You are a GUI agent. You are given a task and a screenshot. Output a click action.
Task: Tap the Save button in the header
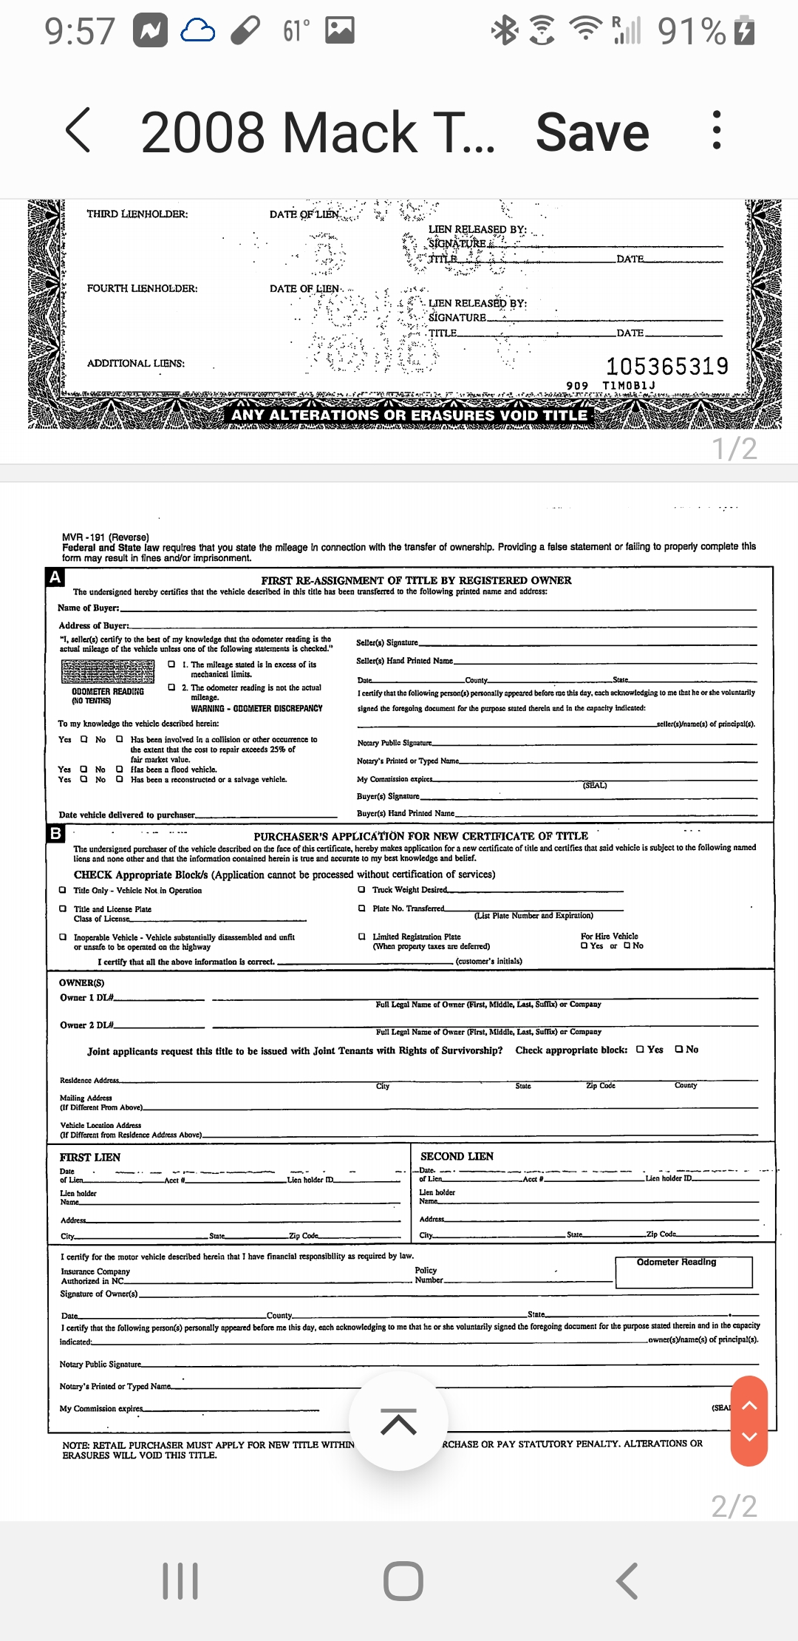592,133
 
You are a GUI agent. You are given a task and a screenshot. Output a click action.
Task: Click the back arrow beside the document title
78,130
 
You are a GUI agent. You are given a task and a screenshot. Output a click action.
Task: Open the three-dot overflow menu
715,131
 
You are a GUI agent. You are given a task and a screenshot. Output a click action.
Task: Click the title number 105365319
667,366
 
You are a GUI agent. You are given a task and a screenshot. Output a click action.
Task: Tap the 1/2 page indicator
734,449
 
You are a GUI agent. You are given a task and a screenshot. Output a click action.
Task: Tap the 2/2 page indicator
734,1506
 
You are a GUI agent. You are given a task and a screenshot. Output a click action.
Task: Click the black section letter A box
55,577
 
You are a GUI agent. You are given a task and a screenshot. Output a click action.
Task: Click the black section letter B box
55,834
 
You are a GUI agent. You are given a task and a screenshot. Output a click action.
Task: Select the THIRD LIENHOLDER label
137,214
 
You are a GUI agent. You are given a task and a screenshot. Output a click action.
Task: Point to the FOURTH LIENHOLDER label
142,288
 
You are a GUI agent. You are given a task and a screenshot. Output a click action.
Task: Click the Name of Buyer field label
89,608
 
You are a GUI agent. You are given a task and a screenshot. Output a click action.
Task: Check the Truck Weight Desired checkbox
361,889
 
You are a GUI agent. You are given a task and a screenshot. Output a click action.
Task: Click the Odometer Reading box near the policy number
683,1271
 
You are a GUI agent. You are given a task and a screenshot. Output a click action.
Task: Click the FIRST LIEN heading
90,1157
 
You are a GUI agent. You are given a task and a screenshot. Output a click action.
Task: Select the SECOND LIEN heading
457,1156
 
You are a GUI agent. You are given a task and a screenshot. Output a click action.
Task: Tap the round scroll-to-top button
398,1421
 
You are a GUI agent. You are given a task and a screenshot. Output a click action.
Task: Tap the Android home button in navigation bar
403,1581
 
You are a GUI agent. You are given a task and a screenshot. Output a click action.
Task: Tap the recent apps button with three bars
180,1581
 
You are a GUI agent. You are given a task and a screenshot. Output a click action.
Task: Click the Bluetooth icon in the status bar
505,31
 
